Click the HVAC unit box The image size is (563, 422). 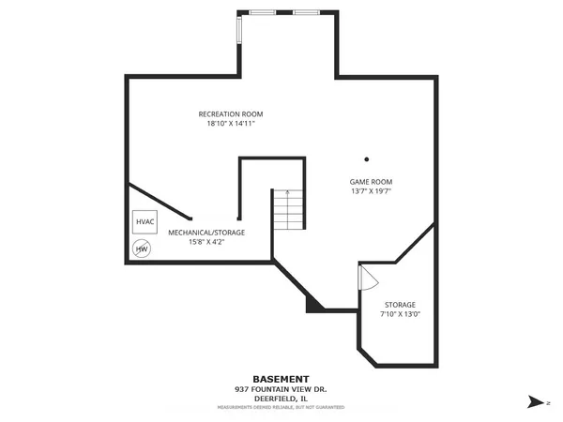point(145,222)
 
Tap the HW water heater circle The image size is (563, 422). point(142,249)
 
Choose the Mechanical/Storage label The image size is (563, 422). point(206,232)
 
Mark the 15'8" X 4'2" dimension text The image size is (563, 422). point(206,242)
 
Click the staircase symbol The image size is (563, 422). point(288,211)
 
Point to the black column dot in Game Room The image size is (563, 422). point(367,158)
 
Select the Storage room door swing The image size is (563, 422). point(367,278)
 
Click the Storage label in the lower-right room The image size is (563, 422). point(400,305)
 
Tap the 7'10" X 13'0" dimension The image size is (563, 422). point(400,315)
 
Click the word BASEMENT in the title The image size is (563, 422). point(281,380)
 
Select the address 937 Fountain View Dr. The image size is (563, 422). point(281,390)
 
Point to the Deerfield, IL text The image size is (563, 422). point(281,399)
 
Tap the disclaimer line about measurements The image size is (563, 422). point(281,408)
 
